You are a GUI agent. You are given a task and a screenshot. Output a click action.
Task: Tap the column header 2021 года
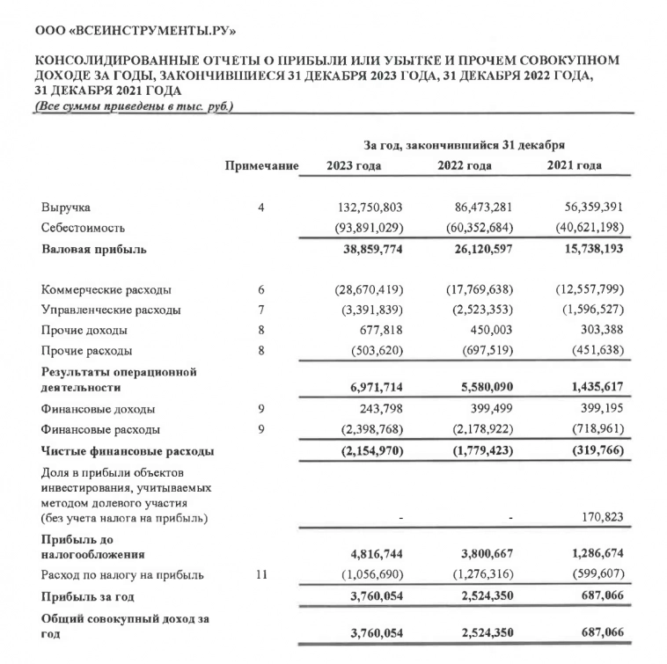(575, 166)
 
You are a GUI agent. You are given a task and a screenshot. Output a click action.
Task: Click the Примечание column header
(261, 166)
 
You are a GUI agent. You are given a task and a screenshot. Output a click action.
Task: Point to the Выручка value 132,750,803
(370, 208)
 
